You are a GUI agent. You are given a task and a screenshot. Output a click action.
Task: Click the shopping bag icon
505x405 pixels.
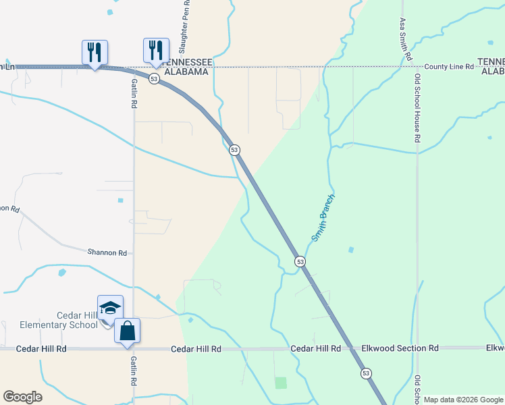click(x=127, y=331)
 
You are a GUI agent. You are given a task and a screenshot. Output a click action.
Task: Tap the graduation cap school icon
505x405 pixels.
click(x=110, y=308)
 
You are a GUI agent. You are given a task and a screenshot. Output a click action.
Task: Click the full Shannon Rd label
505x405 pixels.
click(x=107, y=252)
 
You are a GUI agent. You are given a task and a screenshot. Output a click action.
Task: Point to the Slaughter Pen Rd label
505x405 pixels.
click(x=184, y=27)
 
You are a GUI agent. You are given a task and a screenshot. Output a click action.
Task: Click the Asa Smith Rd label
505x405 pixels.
click(x=404, y=40)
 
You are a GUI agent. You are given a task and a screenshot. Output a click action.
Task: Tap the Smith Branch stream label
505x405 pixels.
click(x=323, y=219)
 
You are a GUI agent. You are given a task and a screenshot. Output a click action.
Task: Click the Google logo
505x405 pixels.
click(x=22, y=397)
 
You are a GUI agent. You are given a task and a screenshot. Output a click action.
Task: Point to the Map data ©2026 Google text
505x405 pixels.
click(x=464, y=400)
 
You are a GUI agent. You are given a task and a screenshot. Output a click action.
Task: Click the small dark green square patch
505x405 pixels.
click(x=281, y=383)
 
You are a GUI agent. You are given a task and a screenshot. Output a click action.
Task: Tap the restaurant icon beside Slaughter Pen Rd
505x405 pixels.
click(x=156, y=50)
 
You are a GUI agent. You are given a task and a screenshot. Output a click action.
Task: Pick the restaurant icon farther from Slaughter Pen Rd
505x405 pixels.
click(x=95, y=52)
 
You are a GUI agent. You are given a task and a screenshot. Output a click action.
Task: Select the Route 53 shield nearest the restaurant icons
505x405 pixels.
click(x=155, y=79)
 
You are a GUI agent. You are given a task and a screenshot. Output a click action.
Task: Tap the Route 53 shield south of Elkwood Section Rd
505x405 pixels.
click(x=366, y=373)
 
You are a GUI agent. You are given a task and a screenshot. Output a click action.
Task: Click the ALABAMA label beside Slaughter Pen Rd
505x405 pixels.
click(x=184, y=72)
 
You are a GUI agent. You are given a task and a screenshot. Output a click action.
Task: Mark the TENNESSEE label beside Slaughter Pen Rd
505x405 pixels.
click(x=188, y=62)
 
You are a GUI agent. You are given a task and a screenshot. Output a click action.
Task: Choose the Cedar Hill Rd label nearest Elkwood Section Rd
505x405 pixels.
click(x=315, y=348)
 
